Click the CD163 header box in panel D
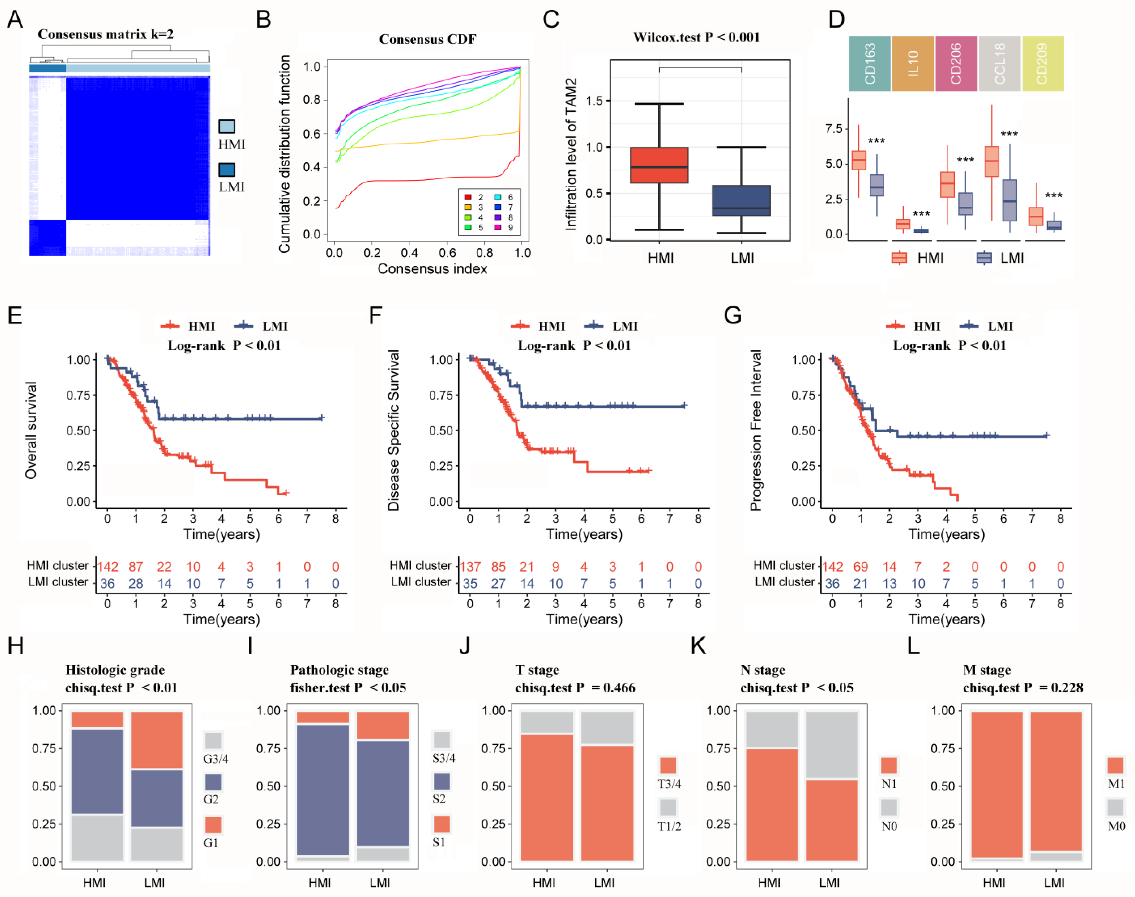click(x=869, y=63)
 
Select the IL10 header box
click(x=913, y=63)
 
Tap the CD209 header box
click(x=1043, y=63)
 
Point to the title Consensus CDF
click(x=428, y=39)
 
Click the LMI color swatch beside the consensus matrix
click(x=227, y=170)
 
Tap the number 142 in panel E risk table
click(x=108, y=567)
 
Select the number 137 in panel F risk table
click(x=470, y=567)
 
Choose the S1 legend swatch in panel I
click(x=442, y=824)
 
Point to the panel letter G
click(x=733, y=315)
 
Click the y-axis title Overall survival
click(x=31, y=430)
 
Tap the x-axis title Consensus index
click(x=432, y=269)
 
